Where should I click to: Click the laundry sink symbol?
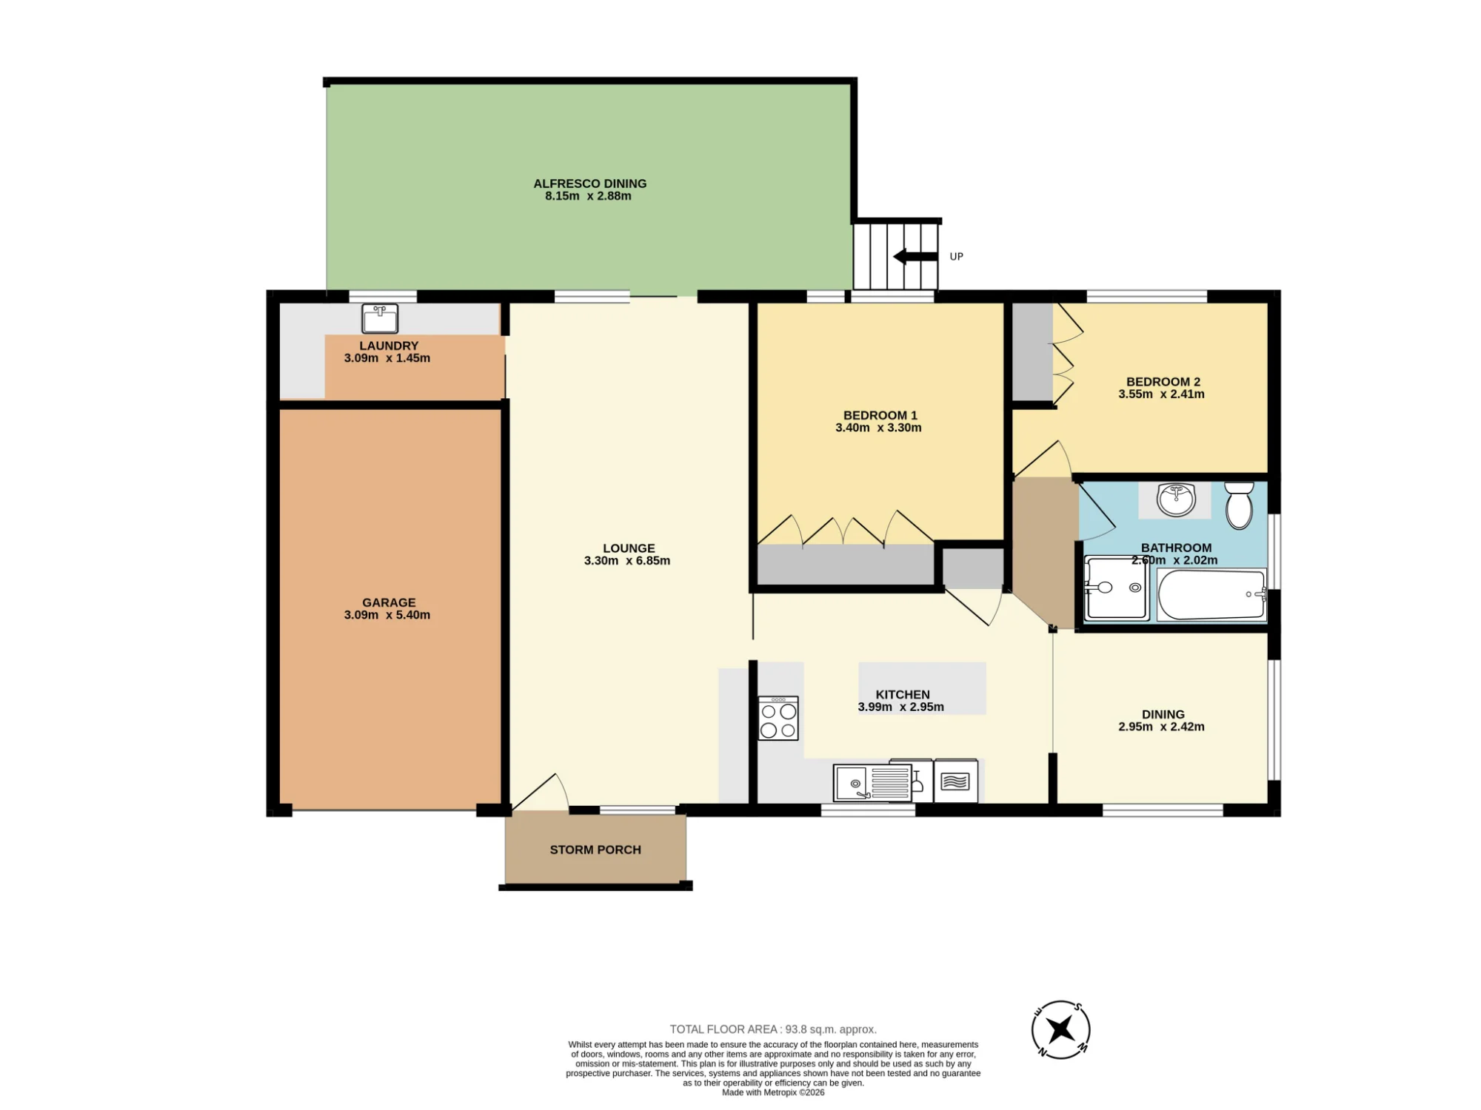coord(380,318)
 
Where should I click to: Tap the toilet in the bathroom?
coord(1239,505)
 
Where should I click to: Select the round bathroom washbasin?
coord(1176,499)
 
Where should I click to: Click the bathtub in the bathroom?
coord(1211,594)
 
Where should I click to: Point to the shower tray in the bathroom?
coord(1116,588)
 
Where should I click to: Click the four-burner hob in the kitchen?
coord(778,718)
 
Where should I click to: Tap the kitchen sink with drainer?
coord(872,783)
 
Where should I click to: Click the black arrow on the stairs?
coord(915,257)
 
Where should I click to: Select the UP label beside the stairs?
coord(957,257)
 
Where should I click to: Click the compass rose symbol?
coord(1060,1029)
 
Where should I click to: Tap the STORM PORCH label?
coord(595,850)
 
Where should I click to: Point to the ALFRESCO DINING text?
coord(590,184)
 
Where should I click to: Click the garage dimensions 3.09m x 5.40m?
coord(387,615)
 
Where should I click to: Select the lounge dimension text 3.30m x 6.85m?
coord(627,561)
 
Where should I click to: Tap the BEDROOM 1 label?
coord(880,415)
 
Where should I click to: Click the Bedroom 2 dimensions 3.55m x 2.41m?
coord(1161,394)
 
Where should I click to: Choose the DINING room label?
coord(1163,714)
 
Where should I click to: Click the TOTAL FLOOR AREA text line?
coord(773,1029)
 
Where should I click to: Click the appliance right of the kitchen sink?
coord(955,781)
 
